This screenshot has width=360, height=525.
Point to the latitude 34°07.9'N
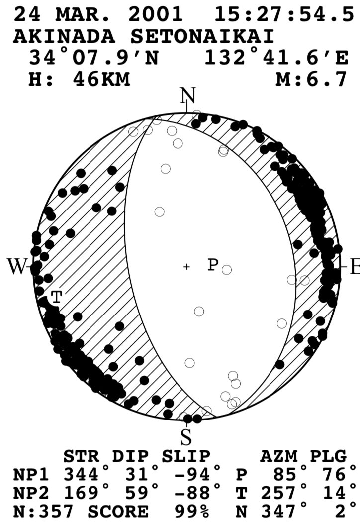(93, 58)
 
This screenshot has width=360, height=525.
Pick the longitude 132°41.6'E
(276, 58)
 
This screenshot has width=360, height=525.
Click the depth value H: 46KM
(80, 79)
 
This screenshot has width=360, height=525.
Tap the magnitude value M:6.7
(311, 79)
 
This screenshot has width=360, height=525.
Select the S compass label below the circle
(185, 438)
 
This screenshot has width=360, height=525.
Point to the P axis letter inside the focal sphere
(213, 265)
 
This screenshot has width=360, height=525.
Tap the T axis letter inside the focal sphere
(57, 297)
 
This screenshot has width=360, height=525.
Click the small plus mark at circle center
(186, 267)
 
